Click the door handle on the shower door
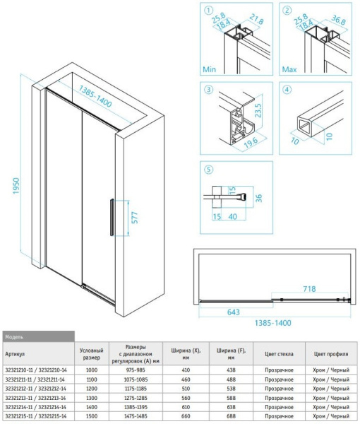(x=109, y=218)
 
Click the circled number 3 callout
(x=208, y=90)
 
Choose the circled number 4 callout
(x=287, y=90)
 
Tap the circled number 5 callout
(x=208, y=170)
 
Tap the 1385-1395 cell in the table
(x=136, y=408)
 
